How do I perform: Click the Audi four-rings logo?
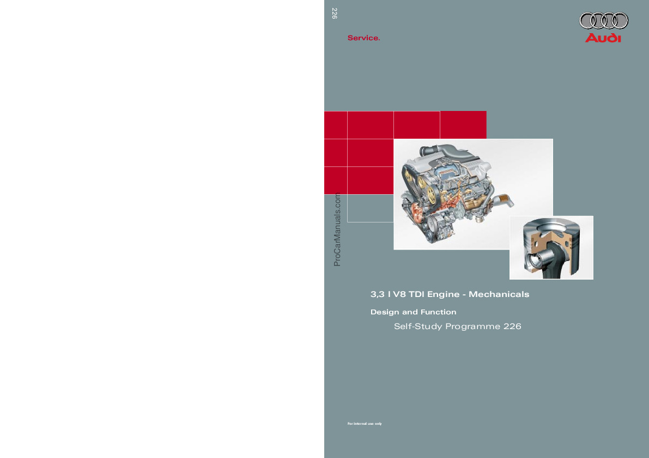pos(603,21)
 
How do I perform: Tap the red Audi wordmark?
pos(603,38)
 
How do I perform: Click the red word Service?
pos(363,38)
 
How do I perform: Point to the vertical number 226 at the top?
pos(335,13)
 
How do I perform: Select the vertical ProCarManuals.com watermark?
pos(337,230)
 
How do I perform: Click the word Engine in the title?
pos(443,294)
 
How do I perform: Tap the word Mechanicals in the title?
pos(499,294)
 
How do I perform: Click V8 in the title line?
pos(399,294)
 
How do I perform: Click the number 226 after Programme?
pos(512,326)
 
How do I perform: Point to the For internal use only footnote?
pos(365,424)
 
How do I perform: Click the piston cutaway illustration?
pos(551,248)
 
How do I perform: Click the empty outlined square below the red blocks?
pos(371,208)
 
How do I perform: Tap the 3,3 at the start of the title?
pos(378,294)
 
